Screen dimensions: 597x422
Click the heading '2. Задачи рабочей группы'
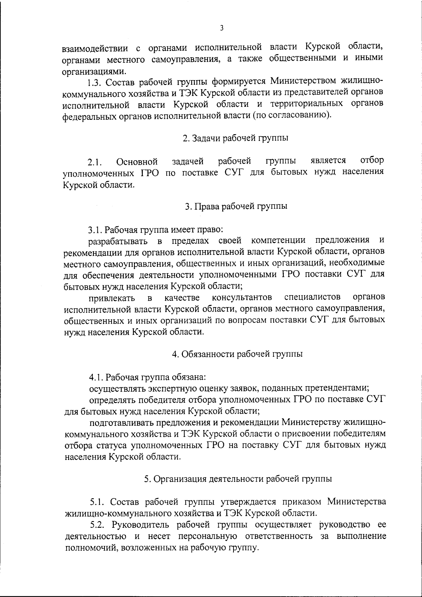pos(235,138)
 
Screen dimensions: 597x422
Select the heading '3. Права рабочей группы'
pos(236,206)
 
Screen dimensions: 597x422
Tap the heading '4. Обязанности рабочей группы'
pos(237,354)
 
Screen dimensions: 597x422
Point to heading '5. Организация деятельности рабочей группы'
pos(238,479)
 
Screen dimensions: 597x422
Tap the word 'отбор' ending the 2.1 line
pos(372,161)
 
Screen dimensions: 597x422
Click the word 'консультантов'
pos(242,298)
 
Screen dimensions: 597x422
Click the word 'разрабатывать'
pos(119,242)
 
